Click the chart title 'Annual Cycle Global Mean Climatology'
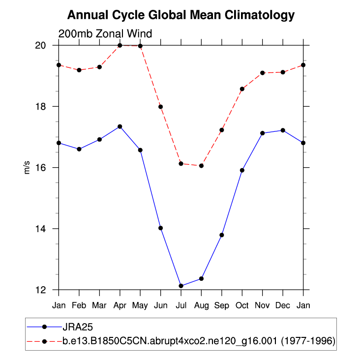click(180, 15)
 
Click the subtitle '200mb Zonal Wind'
click(105, 34)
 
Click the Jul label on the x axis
click(181, 305)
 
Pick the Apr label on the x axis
click(120, 305)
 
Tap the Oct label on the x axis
click(242, 305)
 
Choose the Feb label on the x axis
click(79, 305)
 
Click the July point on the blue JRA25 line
click(181, 286)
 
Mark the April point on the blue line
click(120, 126)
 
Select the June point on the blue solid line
click(160, 228)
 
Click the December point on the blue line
click(283, 130)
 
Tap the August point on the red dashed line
click(201, 166)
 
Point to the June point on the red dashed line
click(160, 107)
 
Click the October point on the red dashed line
click(242, 89)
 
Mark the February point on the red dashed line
click(79, 70)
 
